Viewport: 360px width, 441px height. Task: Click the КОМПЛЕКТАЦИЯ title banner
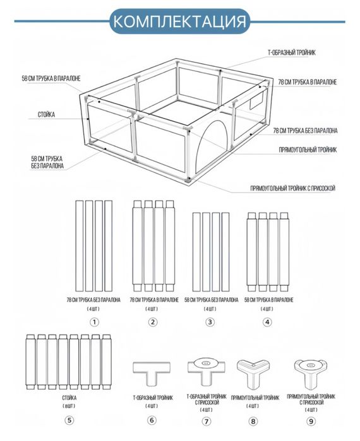tap(179, 21)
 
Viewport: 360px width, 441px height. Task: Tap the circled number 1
tap(94, 322)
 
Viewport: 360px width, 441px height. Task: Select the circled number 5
tap(69, 420)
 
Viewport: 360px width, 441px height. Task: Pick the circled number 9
tap(311, 421)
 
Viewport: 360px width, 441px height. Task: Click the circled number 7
tap(207, 421)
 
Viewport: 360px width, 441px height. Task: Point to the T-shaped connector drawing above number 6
tap(152, 373)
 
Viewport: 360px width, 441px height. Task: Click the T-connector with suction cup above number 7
tap(207, 371)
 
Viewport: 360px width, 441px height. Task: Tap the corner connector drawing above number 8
tap(253, 373)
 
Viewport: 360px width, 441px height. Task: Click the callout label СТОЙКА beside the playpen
tap(47, 114)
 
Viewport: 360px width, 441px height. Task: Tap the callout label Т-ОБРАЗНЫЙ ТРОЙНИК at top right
tap(292, 52)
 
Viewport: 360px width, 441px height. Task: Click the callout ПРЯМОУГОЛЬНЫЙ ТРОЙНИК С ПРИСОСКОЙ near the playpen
tap(292, 188)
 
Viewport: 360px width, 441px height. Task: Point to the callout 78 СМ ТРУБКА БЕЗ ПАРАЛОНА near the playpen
tap(305, 131)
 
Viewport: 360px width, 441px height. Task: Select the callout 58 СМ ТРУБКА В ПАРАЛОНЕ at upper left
tap(51, 78)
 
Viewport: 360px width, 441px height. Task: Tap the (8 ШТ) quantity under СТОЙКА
tap(69, 406)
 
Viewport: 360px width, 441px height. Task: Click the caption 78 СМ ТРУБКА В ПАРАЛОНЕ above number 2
tap(154, 300)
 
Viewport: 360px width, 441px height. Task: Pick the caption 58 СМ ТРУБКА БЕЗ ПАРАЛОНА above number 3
tap(211, 300)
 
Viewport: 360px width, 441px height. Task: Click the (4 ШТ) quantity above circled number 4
tap(267, 309)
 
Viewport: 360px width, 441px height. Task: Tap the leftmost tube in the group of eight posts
tap(30, 362)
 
